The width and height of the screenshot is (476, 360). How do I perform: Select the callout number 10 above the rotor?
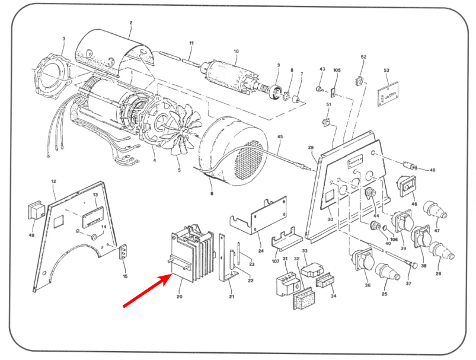point(235,52)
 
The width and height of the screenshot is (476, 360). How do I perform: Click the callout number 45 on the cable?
point(280,138)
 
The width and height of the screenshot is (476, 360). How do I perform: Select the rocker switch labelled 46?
point(409,187)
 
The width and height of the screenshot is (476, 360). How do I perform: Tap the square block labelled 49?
point(37,212)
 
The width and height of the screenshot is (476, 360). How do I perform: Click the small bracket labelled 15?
point(124,252)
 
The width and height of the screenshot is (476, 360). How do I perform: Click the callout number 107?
point(275,261)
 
